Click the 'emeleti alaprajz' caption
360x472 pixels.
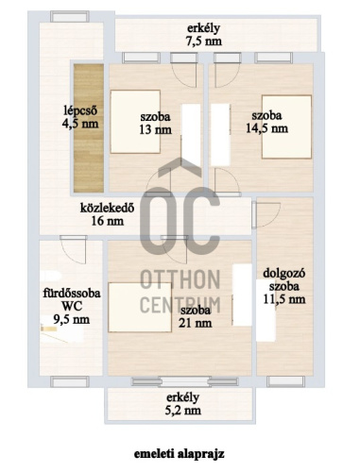[x=180, y=454]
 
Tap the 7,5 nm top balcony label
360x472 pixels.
[x=203, y=35]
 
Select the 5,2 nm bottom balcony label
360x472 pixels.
[x=183, y=404]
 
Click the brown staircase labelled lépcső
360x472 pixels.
[x=89, y=128]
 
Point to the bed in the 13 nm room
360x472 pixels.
[x=135, y=122]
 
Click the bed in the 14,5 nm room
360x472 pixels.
[x=286, y=126]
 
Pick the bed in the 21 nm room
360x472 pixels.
[x=140, y=307]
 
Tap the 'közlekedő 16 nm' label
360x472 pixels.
[x=108, y=214]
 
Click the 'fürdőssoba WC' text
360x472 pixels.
[x=72, y=299]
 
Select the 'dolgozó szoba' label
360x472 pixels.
[x=284, y=279]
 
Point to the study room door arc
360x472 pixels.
[x=267, y=215]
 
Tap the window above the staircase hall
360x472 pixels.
[x=70, y=16]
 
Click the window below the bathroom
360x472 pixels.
[x=70, y=381]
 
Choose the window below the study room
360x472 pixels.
[x=285, y=381]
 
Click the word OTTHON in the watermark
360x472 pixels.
[x=180, y=279]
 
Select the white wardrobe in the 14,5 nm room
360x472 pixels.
[x=220, y=135]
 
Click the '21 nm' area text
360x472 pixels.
[x=196, y=323]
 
